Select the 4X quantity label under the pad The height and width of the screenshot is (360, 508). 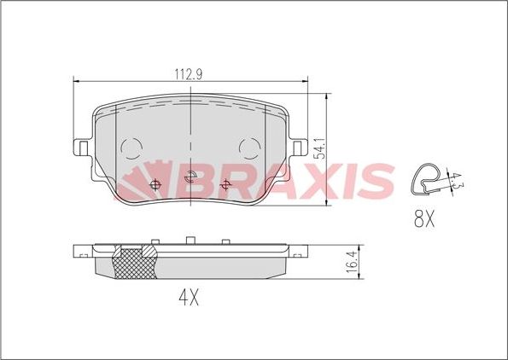tap(188, 299)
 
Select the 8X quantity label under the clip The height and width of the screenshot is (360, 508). tap(424, 220)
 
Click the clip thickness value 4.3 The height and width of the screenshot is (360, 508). tap(456, 179)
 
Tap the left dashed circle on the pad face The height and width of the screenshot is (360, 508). tap(132, 149)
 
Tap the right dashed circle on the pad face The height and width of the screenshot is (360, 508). tap(250, 149)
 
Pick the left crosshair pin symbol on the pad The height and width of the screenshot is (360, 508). tap(155, 185)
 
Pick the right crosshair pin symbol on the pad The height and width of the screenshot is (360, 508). tap(190, 179)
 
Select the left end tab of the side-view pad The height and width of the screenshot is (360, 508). tap(82, 253)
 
